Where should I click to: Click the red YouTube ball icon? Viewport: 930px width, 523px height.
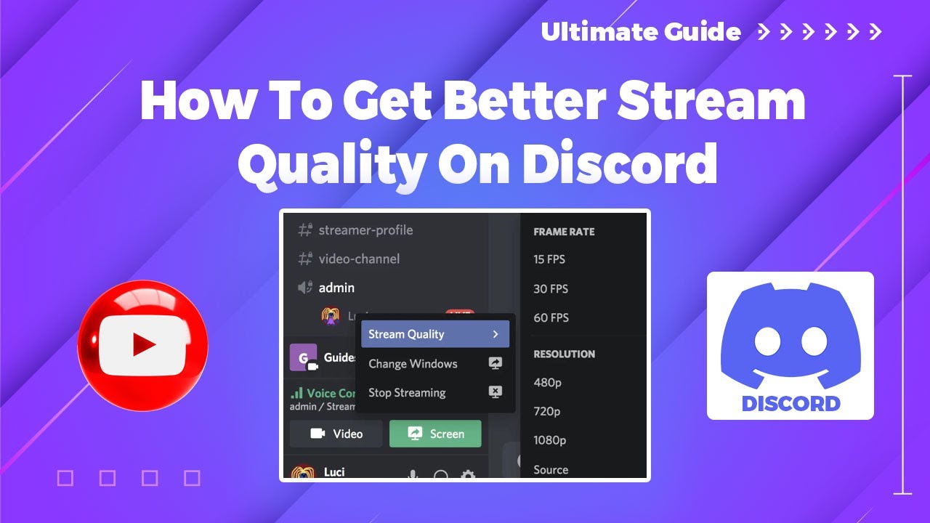[142, 345]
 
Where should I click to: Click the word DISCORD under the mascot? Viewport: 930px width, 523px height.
[790, 404]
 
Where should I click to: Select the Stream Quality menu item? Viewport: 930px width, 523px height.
[434, 334]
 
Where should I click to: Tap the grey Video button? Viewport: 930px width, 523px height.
[336, 434]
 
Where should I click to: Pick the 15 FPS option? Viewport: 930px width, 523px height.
[549, 259]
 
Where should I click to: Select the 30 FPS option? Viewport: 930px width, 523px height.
[551, 289]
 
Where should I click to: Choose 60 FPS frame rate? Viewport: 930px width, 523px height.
[551, 318]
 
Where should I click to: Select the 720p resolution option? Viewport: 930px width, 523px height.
[547, 412]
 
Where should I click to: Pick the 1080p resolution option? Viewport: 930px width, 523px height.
[550, 440]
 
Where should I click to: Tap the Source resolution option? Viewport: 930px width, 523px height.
[551, 470]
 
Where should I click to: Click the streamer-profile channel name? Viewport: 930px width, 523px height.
[365, 230]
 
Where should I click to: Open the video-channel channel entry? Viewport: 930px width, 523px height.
[359, 259]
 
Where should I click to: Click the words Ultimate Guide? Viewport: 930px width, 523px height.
[641, 32]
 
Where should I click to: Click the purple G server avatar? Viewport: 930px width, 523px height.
[303, 357]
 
